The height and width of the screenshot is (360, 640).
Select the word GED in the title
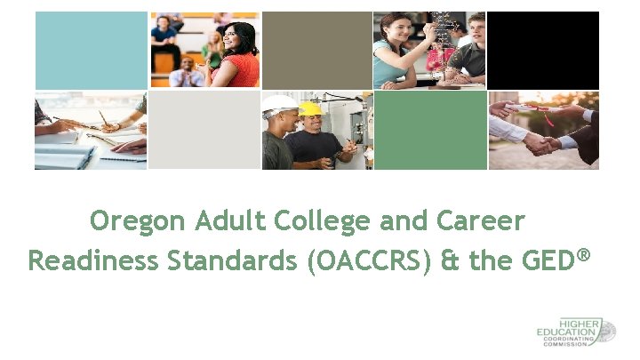point(543,261)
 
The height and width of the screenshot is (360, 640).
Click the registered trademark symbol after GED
point(583,255)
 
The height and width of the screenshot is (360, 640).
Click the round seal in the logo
point(606,332)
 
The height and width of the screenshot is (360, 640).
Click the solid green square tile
point(430,130)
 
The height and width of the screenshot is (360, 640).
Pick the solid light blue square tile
point(91,49)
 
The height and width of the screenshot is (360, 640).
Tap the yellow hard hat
point(310,108)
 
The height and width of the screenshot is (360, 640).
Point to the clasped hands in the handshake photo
point(540,140)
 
